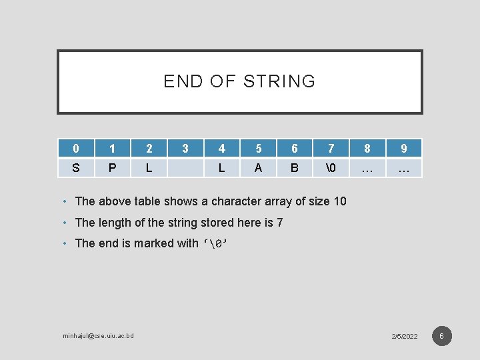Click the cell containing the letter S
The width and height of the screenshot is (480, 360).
pos(75,169)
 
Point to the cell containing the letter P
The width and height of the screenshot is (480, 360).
pos(112,169)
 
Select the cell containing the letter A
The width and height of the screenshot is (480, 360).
pos(258,169)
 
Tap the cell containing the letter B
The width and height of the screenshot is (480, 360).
pos(295,169)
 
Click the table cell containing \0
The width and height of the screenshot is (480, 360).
pos(331,169)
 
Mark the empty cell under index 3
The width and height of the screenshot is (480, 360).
pos(185,169)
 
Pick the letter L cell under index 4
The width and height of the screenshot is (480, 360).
pos(221,169)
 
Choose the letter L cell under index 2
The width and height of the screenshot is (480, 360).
pos(149,169)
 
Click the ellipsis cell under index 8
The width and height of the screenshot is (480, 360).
pos(367,169)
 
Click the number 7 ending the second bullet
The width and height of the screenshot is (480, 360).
pos(279,223)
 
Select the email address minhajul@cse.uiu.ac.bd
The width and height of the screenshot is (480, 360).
pos(98,335)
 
